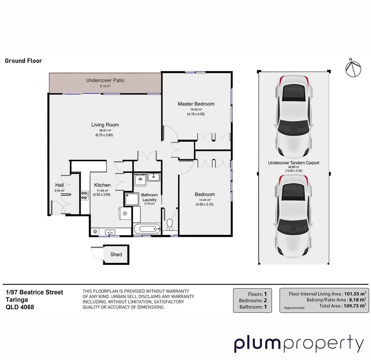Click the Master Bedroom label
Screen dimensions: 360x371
click(196, 104)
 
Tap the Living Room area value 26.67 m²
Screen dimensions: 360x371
click(105, 130)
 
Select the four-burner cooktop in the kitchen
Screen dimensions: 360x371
click(84, 195)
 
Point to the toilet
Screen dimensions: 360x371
click(170, 224)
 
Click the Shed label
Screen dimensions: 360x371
click(116, 254)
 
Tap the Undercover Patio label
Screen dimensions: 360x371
click(105, 80)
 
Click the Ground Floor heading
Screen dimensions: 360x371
click(23, 61)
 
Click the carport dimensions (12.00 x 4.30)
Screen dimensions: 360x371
click(294, 171)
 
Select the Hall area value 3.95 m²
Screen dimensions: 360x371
click(59, 191)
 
